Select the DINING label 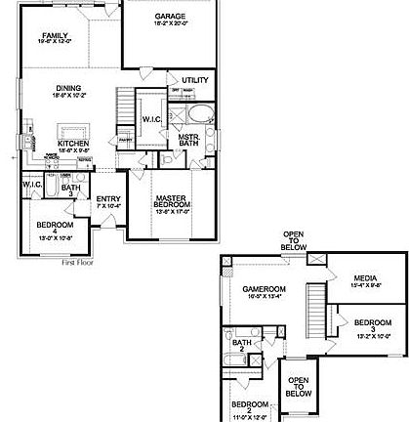click(x=67, y=88)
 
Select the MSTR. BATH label click(x=188, y=139)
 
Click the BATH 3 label click(x=70, y=189)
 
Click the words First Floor click(x=82, y=263)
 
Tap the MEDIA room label click(x=364, y=277)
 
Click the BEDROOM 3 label click(x=372, y=323)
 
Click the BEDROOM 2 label click(x=248, y=405)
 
